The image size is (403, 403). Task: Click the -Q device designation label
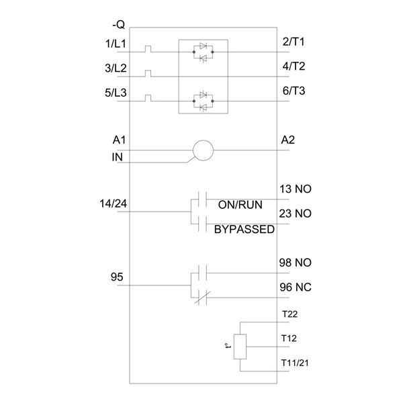coord(118,25)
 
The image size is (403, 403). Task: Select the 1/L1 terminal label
coord(116,44)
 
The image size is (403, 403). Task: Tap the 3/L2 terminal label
coord(116,68)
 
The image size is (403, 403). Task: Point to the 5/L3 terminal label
coord(116,93)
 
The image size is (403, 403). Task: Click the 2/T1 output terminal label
coord(294,42)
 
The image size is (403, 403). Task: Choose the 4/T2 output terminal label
coord(294,66)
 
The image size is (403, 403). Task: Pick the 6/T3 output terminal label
coord(294,91)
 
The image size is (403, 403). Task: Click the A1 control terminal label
coord(120,140)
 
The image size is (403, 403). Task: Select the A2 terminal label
coord(288,140)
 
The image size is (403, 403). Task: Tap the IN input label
coord(117,157)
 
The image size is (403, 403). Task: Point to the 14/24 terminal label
coord(113,204)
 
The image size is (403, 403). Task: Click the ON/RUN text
coord(240,205)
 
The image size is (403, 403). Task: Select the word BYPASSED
coord(244,229)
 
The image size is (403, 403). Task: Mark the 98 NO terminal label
coord(296,263)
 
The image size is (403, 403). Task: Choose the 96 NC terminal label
coord(296,287)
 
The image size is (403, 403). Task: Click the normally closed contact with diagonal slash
coord(203,298)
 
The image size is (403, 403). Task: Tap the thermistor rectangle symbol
coord(240,347)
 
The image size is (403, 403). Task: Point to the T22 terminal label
coord(289,314)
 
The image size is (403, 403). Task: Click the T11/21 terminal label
coord(295,363)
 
